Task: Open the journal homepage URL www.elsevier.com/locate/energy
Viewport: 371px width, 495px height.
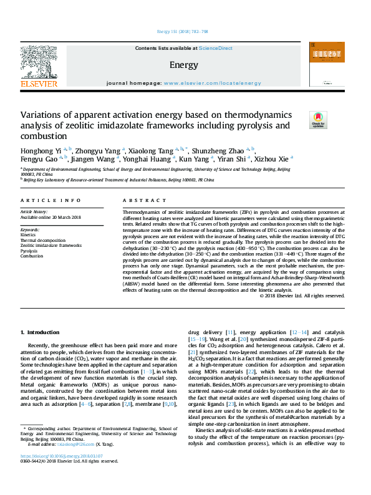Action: pos(212,83)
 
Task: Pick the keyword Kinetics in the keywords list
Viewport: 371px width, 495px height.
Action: pos(29,235)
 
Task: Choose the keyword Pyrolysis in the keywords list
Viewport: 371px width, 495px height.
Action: pos(30,251)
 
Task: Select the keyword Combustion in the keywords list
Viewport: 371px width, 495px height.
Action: pos(32,256)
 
